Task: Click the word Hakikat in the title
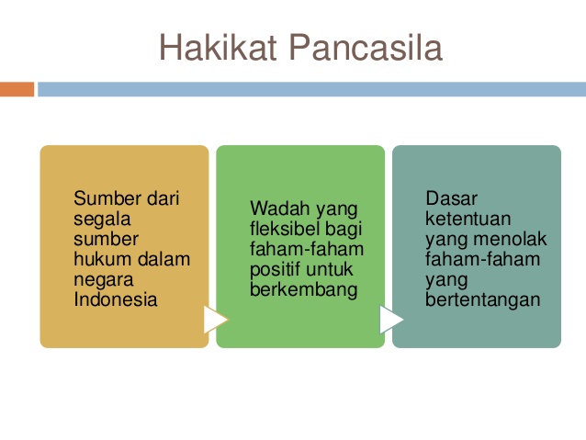pyautogui.click(x=218, y=47)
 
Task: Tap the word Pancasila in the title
pyautogui.click(x=366, y=47)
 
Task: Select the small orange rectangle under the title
pyautogui.click(x=17, y=89)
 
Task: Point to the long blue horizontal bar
pyautogui.click(x=311, y=89)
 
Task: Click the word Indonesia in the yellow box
pyautogui.click(x=116, y=299)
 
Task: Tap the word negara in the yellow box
pyautogui.click(x=104, y=280)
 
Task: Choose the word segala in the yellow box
pyautogui.click(x=102, y=219)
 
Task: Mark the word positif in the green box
pyautogui.click(x=275, y=270)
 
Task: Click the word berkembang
pyautogui.click(x=303, y=290)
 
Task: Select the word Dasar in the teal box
pyautogui.click(x=452, y=198)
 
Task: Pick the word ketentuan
pyautogui.click(x=468, y=219)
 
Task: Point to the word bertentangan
pyautogui.click(x=483, y=300)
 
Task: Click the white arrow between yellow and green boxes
pyautogui.click(x=215, y=320)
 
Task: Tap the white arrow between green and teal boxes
pyautogui.click(x=391, y=320)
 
